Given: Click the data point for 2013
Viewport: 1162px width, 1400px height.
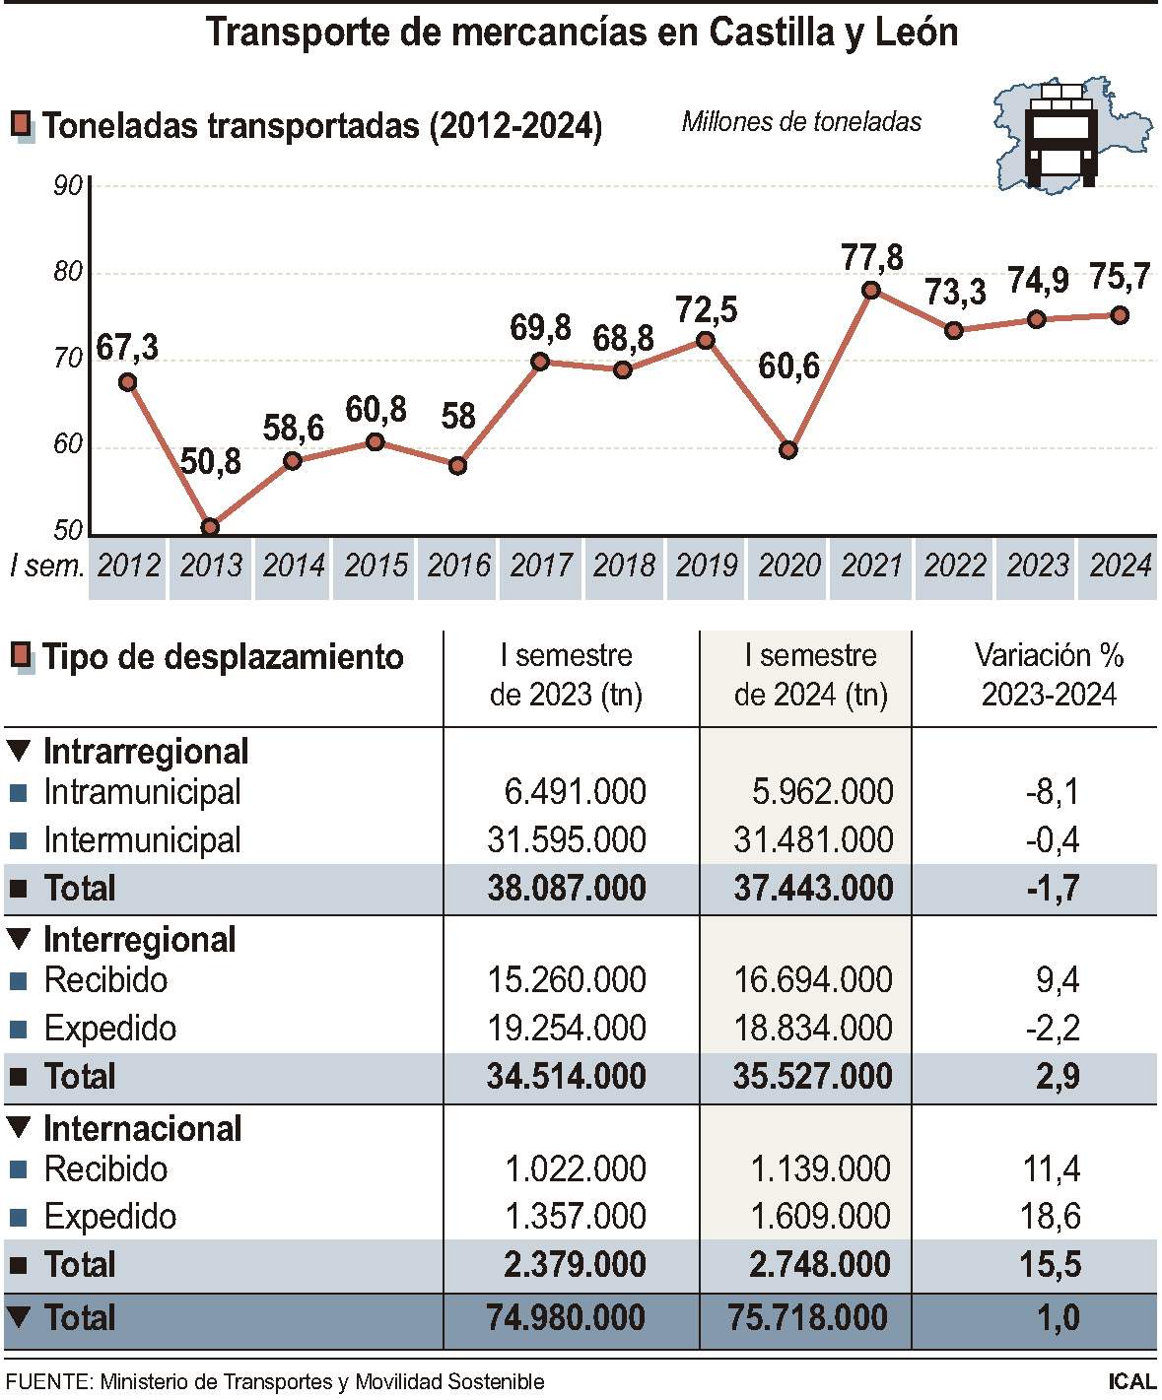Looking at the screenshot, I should coord(210,527).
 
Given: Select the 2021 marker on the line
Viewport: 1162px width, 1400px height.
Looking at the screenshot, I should coord(871,290).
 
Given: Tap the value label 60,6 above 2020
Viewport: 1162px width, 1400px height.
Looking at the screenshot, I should coord(788,367).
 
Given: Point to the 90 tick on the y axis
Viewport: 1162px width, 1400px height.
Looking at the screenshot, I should coord(68,185).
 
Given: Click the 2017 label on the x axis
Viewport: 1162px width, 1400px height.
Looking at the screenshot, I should coord(540,566).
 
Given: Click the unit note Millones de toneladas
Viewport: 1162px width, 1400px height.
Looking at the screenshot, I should coord(801,122).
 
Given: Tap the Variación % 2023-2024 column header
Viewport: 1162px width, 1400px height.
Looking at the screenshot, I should coord(1049,675).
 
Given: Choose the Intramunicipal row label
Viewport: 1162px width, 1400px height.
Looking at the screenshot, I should coord(142,792).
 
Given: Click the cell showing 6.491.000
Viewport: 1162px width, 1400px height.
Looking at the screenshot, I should coord(575,792).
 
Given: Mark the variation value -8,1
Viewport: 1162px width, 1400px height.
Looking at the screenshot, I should coord(1052,792).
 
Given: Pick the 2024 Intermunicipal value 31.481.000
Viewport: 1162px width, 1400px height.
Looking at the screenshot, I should coord(813,840).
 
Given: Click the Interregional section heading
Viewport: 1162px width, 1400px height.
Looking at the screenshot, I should coord(139,940).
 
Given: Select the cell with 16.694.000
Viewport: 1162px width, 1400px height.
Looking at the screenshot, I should coord(813,980).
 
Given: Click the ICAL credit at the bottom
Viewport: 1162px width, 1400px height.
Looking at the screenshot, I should coord(1131,1382).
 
